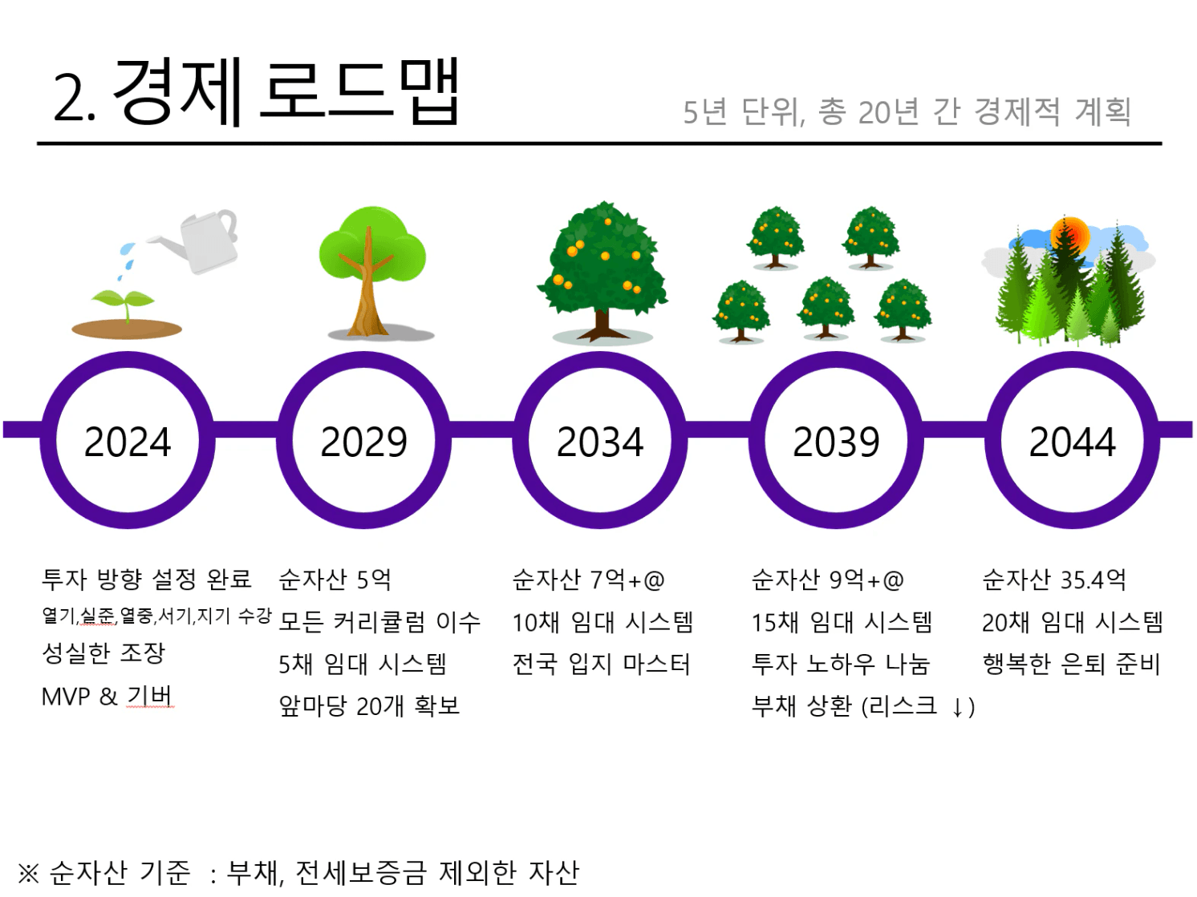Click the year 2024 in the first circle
pos(128,442)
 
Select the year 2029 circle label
pos(363,442)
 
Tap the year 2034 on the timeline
pos(600,442)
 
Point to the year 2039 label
pos(836,442)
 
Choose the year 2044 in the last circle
pos(1072,442)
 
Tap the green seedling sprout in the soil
pos(124,304)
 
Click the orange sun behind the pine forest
pos(1070,236)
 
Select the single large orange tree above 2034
pos(603,273)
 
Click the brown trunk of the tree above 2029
pos(368,289)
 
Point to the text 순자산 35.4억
pos(1053,580)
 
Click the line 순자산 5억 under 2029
pos(335,580)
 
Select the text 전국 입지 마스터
pos(601,664)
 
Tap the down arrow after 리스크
pos(957,708)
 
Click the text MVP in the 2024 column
pos(66,697)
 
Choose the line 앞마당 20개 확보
pos(369,706)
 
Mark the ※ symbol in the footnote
pos(28,873)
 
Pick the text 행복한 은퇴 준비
pos(1072,664)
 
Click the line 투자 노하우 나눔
pos(840,664)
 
